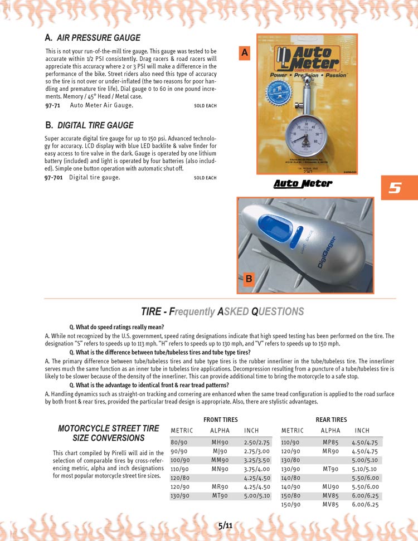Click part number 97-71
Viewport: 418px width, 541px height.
[53, 105]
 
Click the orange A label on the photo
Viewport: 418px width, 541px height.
[244, 53]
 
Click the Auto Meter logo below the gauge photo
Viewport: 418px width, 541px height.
[302, 183]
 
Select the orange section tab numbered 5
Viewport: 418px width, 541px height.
[395, 188]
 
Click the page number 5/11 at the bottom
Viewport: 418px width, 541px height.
[226, 525]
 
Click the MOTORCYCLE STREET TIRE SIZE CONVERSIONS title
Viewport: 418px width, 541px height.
[109, 433]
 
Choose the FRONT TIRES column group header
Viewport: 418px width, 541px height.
[221, 420]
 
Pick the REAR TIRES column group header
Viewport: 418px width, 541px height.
[331, 420]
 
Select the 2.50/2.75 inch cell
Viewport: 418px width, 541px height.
[256, 442]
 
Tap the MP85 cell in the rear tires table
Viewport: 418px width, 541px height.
[330, 442]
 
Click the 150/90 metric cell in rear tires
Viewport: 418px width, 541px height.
[291, 504]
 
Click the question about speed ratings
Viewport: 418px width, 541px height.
[116, 327]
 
